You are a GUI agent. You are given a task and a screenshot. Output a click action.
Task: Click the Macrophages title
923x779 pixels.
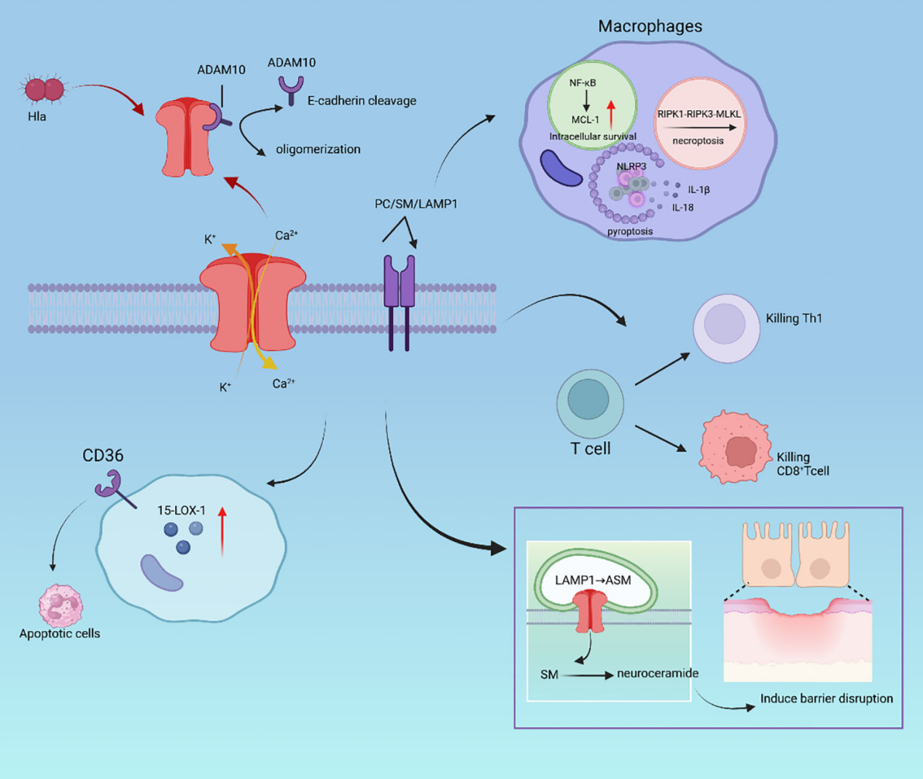click(x=650, y=26)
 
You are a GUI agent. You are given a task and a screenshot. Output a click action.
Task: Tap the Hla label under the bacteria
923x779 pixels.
click(x=36, y=117)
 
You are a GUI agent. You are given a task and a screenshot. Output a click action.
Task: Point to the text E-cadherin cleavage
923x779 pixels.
click(x=362, y=101)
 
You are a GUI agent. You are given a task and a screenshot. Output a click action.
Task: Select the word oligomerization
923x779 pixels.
click(x=319, y=149)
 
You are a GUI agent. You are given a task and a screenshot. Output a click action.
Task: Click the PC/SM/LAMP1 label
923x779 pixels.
click(x=416, y=204)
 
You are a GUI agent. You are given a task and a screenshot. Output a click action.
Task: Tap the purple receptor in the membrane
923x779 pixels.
click(x=400, y=303)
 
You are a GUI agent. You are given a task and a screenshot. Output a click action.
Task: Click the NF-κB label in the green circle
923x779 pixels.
click(x=583, y=82)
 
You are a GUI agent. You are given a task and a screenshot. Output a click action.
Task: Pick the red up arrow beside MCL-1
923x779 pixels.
click(x=611, y=114)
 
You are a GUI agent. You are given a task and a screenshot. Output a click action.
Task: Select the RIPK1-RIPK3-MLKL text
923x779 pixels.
click(x=699, y=114)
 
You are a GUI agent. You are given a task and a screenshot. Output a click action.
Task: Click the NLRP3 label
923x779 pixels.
click(x=631, y=166)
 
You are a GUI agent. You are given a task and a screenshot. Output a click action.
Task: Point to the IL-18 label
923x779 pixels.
click(x=682, y=207)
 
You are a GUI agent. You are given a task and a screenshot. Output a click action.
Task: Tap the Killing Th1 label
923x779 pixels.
click(x=794, y=319)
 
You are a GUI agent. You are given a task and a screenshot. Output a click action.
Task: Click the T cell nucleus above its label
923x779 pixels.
click(x=588, y=399)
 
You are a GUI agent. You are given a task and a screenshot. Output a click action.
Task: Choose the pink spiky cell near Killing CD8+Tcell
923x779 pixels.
click(x=735, y=447)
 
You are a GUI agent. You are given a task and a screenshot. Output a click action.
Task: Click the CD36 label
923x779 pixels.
click(x=103, y=455)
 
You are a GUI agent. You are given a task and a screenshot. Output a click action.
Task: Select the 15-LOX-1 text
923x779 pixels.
click(x=182, y=511)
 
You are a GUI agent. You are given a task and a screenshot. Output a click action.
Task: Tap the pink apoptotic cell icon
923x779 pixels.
click(x=61, y=605)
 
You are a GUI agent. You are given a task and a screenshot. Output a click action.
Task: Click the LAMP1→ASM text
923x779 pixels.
click(x=593, y=580)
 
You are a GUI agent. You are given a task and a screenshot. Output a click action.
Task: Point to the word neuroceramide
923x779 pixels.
click(x=658, y=673)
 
